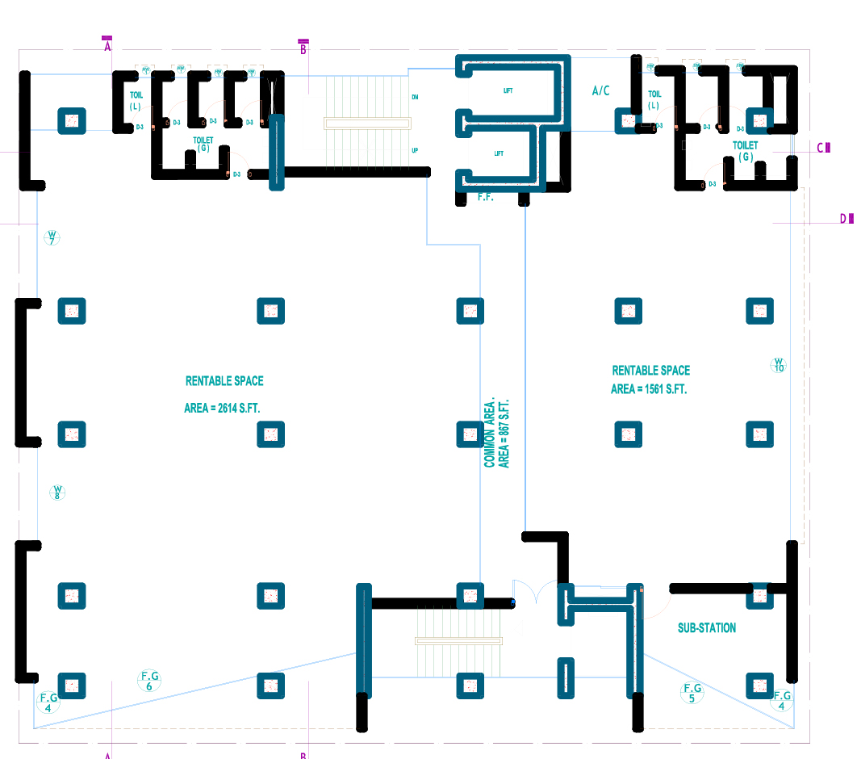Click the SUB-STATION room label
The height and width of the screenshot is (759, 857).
[706, 627]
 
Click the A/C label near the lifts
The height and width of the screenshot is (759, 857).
[601, 91]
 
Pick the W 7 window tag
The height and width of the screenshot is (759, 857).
[52, 238]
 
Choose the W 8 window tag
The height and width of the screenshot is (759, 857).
[57, 493]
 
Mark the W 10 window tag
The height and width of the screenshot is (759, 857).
[779, 365]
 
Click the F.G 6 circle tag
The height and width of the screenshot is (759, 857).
[149, 681]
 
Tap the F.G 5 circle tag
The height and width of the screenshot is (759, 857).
[692, 693]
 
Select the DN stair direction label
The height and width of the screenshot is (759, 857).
[415, 98]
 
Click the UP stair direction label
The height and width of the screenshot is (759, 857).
[415, 150]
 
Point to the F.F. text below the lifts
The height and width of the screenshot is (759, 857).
[485, 196]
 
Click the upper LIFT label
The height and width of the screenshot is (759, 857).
[508, 91]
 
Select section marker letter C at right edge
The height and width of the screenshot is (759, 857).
[821, 148]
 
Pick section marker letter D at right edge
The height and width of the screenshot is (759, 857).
[843, 218]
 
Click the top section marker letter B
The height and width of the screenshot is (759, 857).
[303, 50]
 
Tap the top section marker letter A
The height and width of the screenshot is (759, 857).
[107, 47]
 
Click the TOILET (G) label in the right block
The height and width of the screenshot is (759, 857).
[745, 151]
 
